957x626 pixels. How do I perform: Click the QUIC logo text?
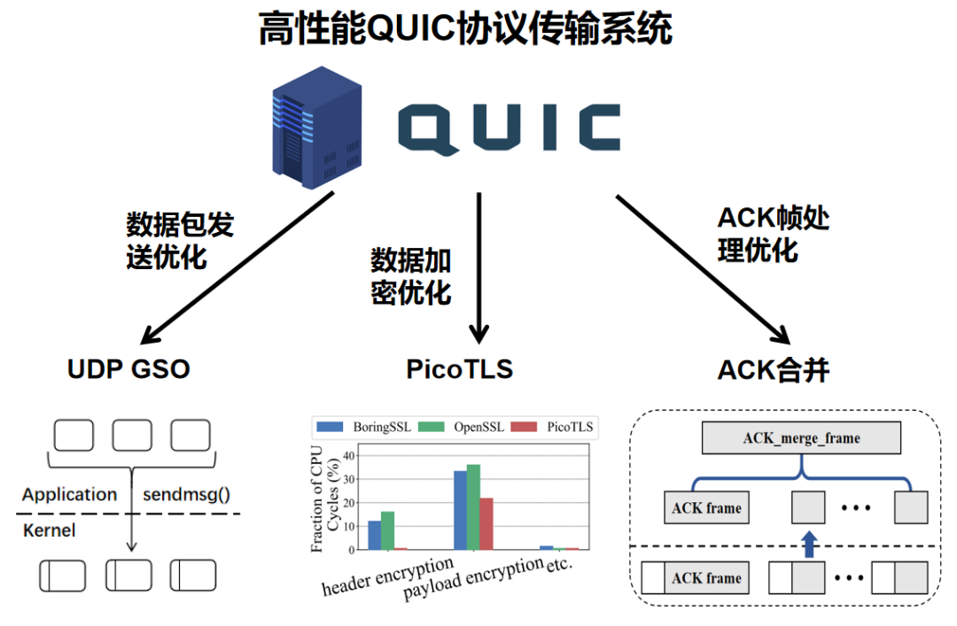pos(509,128)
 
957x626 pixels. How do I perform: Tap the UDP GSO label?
pos(128,369)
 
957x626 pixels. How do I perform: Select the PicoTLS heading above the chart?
pos(460,369)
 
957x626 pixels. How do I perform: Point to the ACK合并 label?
pos(774,370)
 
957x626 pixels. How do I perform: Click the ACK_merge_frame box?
pos(801,437)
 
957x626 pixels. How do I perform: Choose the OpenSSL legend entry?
pos(462,427)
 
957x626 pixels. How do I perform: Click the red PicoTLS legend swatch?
pos(524,427)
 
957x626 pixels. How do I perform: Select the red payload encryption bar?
pos(486,523)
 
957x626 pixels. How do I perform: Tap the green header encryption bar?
pos(387,531)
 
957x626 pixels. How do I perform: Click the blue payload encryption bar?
pos(460,510)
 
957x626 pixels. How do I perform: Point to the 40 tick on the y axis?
pos(348,456)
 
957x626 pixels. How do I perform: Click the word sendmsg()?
pos(186,494)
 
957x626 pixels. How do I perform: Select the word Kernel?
pos(49,530)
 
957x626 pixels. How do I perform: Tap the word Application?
pos(70,495)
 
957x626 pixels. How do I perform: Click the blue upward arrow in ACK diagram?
pos(809,544)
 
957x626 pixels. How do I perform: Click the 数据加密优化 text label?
pos(411,276)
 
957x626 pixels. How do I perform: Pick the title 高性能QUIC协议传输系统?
pos(466,28)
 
